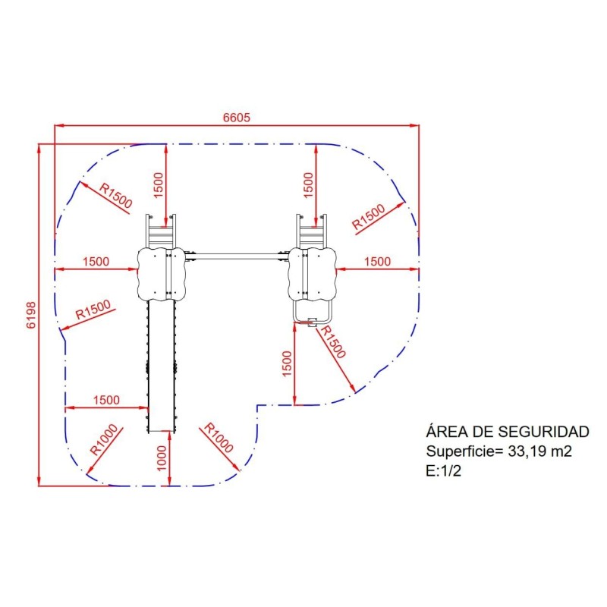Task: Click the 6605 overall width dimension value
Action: point(237,118)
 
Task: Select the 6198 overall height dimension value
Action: point(31,315)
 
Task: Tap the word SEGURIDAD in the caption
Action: point(543,432)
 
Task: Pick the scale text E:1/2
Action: point(444,471)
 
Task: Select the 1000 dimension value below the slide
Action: point(162,458)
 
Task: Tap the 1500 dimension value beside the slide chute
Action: point(106,400)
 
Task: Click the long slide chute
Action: point(161,366)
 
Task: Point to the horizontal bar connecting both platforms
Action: point(237,256)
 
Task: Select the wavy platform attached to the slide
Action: point(162,274)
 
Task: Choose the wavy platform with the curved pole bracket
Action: point(312,274)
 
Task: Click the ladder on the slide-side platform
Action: point(161,231)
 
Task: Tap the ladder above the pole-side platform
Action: point(311,231)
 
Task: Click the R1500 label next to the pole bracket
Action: point(332,342)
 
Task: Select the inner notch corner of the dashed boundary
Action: point(258,406)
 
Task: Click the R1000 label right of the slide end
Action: point(219,438)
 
